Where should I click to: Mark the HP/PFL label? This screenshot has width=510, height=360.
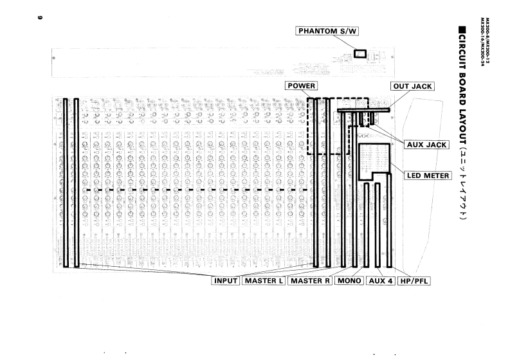(415, 281)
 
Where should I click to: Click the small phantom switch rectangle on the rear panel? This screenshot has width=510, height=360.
(360, 55)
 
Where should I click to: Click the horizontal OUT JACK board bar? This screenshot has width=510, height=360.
(364, 110)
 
